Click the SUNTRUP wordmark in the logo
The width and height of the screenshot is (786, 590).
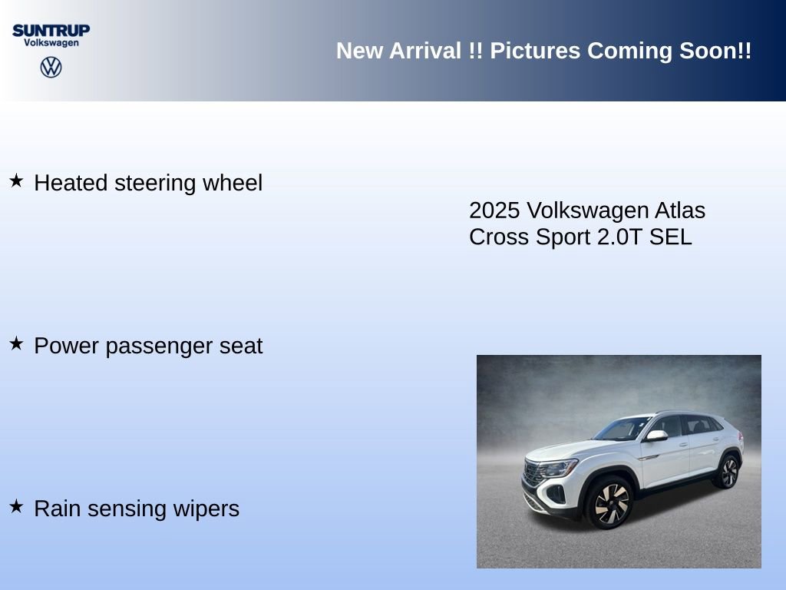coord(51,30)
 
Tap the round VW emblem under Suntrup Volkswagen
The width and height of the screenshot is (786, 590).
coord(51,67)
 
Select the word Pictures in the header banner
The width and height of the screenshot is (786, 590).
coord(536,51)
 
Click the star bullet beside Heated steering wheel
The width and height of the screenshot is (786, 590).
coord(16,181)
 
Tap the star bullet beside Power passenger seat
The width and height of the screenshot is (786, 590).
coord(16,344)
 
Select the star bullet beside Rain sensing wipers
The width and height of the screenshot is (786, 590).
coord(16,507)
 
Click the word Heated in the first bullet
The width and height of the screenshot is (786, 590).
coord(71,183)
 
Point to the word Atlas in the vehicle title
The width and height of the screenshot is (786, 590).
coord(680,210)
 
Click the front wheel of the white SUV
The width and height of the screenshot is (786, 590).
coord(610,503)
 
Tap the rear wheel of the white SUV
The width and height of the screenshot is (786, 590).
coord(726,471)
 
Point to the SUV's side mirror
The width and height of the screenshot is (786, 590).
coord(656,436)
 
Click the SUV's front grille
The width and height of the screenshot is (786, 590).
coord(533,473)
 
